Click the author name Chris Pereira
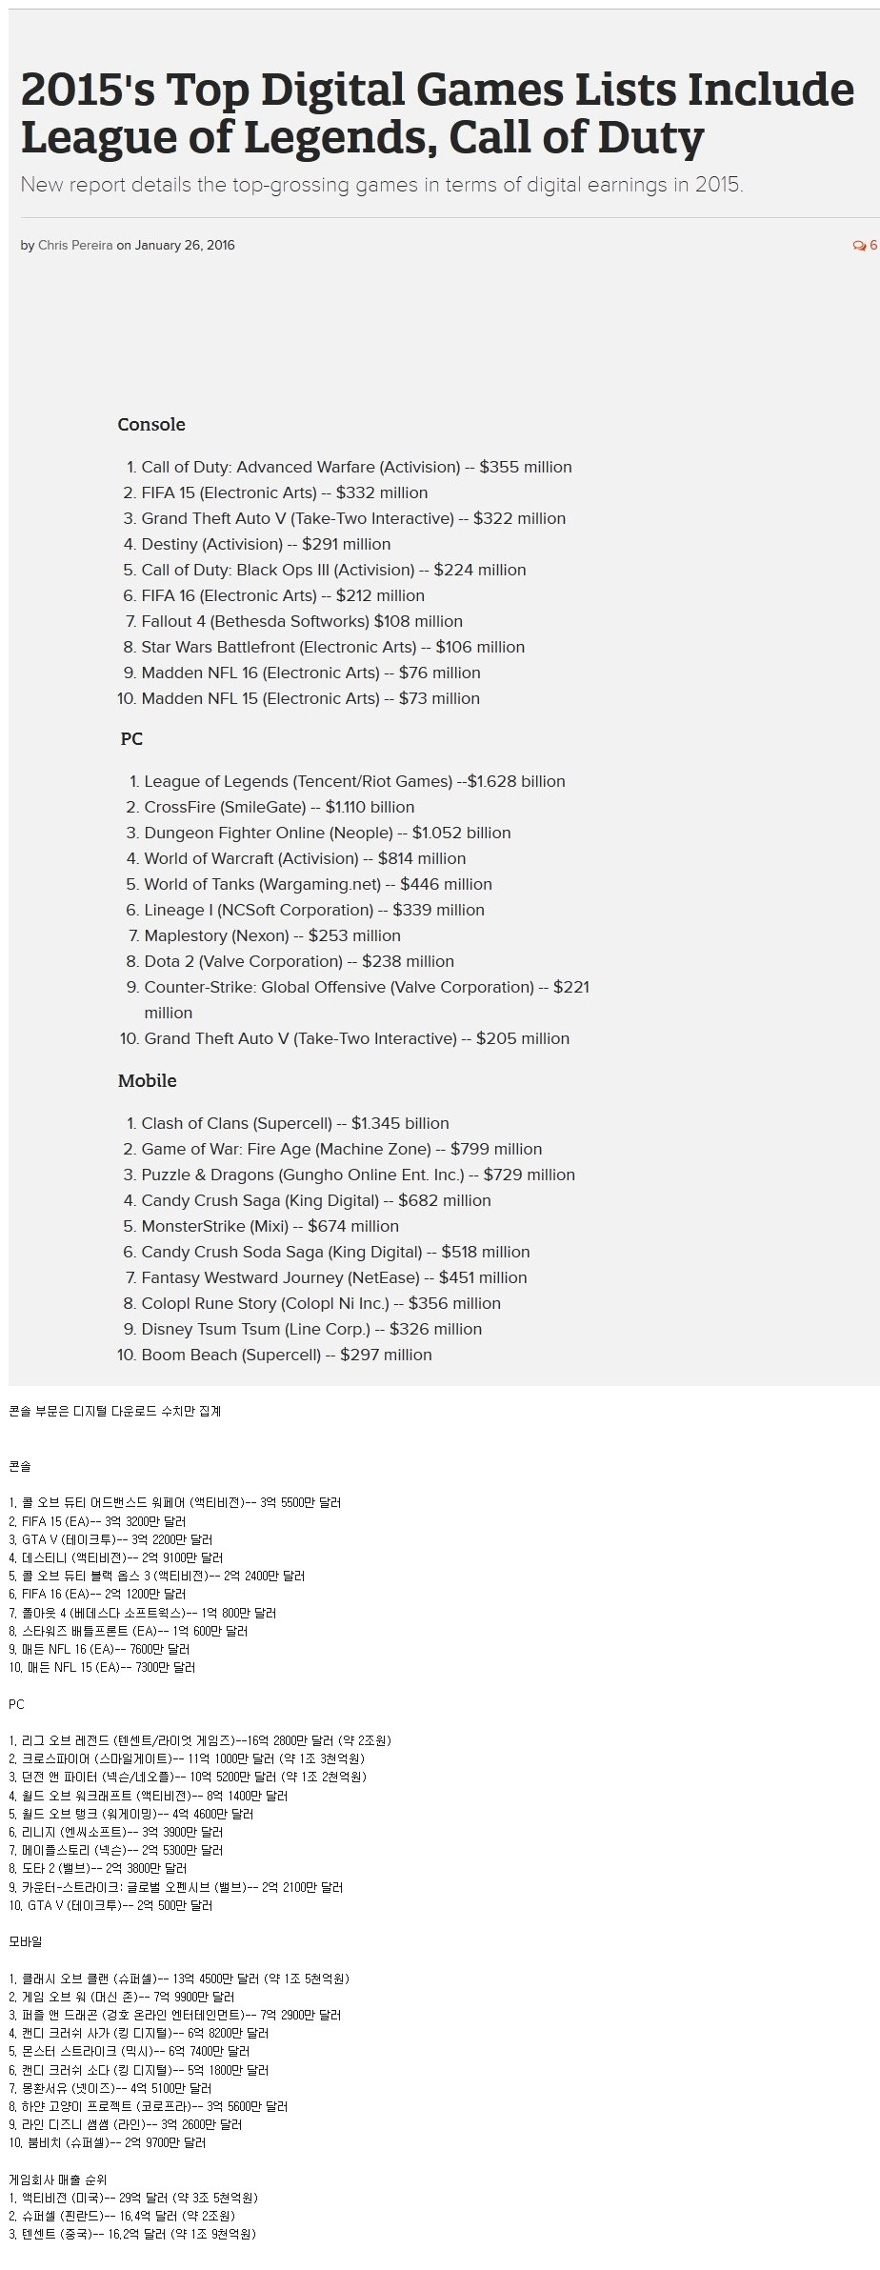(x=75, y=246)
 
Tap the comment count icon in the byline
(x=859, y=246)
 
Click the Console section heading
(x=151, y=425)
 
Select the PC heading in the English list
(x=131, y=739)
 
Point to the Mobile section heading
(x=148, y=1081)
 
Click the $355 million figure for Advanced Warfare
(x=526, y=468)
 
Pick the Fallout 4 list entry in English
(x=301, y=622)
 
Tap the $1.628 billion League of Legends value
(x=516, y=782)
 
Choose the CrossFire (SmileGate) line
(x=279, y=808)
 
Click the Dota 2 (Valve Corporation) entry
(x=298, y=962)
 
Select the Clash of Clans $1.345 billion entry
(x=294, y=1124)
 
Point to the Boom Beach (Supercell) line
(x=286, y=1356)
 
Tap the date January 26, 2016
(x=185, y=246)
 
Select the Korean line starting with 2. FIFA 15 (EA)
(x=98, y=1521)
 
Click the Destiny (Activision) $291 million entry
(x=266, y=545)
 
